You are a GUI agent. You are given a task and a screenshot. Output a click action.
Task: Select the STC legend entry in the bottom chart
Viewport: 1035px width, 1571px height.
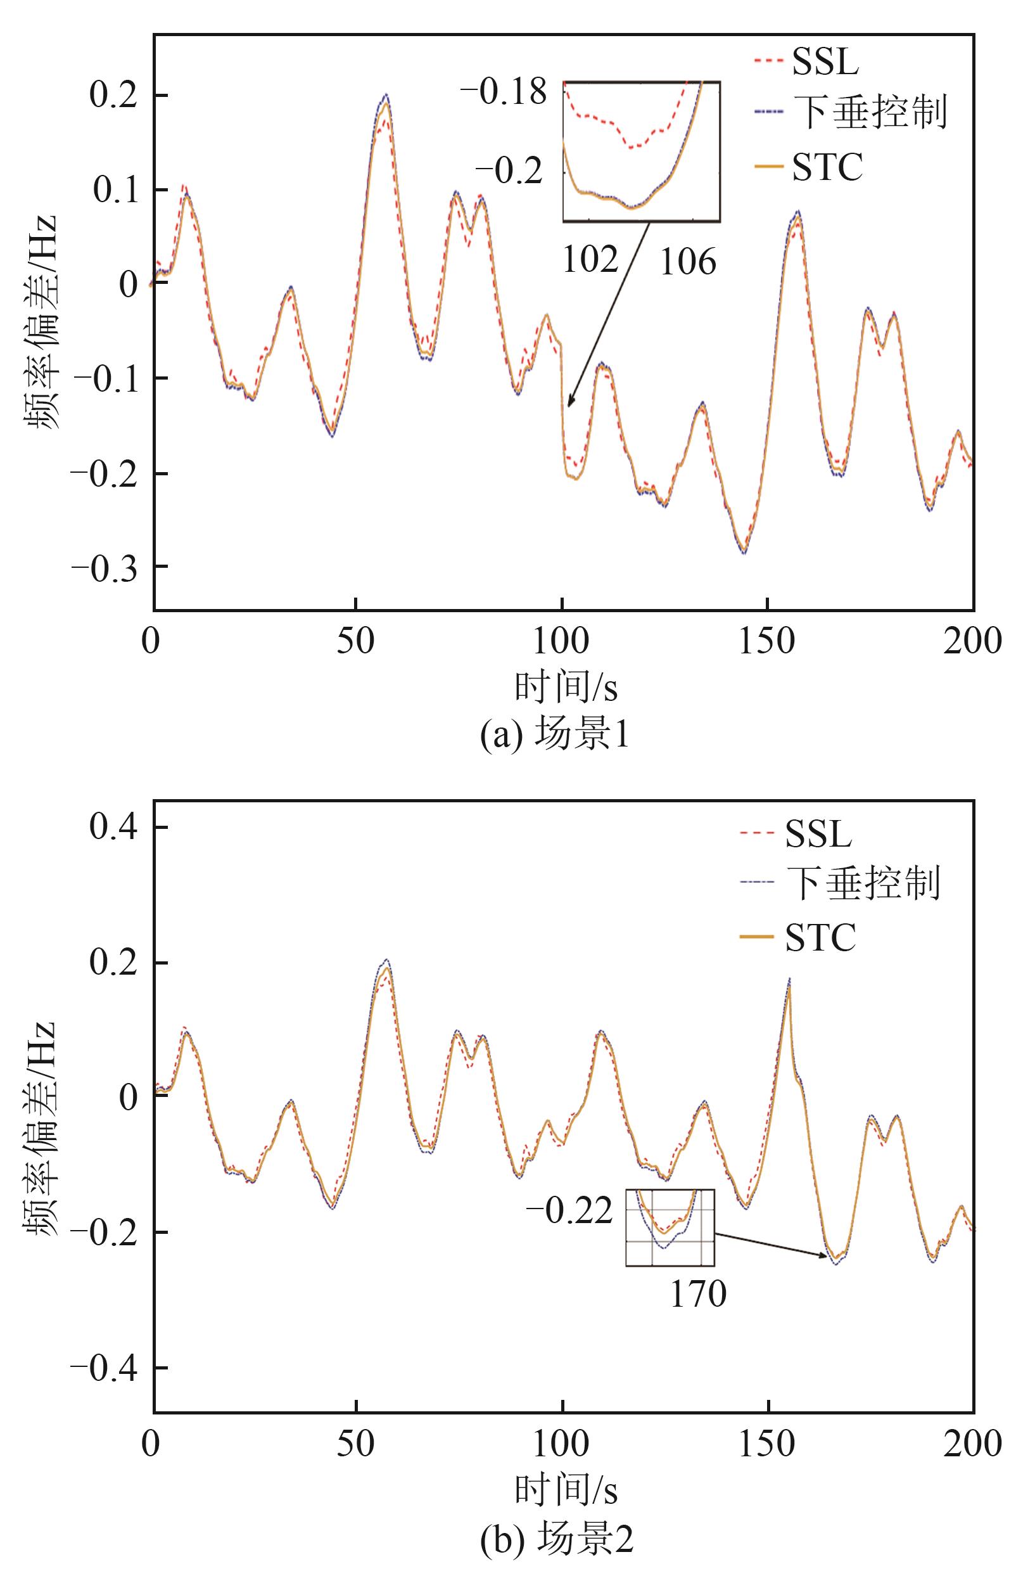pos(820,938)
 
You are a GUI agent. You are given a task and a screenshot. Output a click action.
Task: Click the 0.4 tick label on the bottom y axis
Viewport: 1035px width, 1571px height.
pos(113,828)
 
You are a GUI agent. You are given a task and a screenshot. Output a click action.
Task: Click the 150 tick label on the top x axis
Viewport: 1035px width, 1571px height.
pos(766,641)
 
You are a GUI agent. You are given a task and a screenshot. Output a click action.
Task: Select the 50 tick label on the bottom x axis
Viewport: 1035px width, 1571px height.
pos(356,1444)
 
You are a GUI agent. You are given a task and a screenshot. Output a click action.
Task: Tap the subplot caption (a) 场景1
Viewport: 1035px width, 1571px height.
pos(554,735)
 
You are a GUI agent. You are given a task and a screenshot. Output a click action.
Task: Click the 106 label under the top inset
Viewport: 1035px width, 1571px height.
pos(688,262)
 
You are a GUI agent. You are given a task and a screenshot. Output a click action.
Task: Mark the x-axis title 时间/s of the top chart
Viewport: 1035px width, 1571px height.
pos(566,688)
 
